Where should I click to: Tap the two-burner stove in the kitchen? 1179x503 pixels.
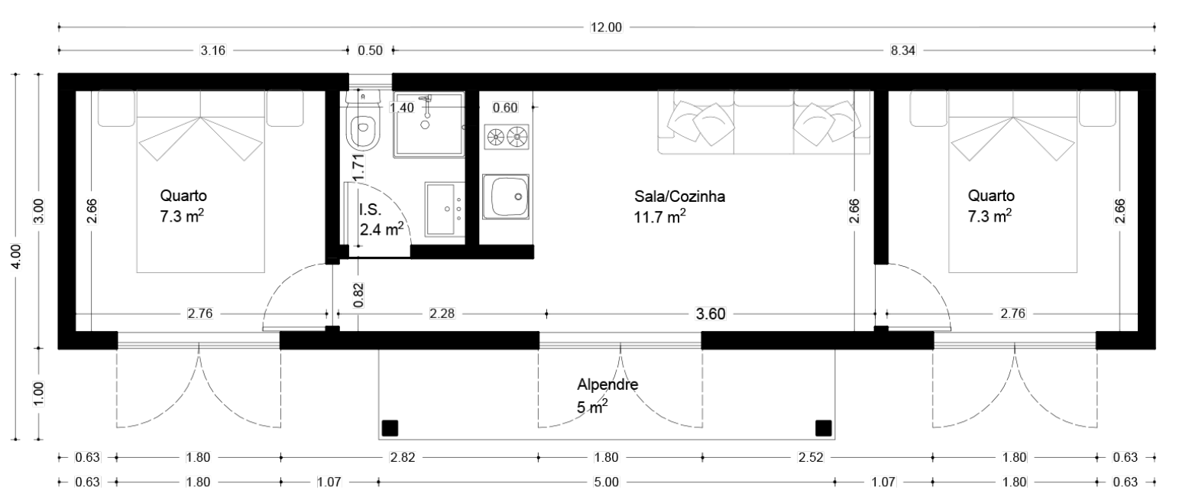tap(507, 138)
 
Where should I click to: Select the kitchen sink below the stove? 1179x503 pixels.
tap(506, 196)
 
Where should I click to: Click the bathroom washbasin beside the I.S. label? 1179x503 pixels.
tap(445, 209)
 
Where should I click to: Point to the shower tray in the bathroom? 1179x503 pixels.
tap(429, 125)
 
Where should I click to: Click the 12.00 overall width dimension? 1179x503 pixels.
tap(606, 28)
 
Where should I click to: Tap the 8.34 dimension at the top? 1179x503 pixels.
tap(902, 50)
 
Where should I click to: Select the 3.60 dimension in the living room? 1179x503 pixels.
tap(711, 314)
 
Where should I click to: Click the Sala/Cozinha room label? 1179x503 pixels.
tap(679, 196)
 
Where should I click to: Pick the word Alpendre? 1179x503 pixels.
tap(607, 385)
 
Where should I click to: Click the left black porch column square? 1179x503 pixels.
tap(390, 428)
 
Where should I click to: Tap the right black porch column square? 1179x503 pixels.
tap(823, 428)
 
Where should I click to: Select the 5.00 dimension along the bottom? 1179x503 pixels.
tap(606, 482)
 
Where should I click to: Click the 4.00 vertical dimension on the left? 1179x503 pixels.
tap(16, 257)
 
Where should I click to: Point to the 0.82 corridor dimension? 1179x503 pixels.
tap(358, 296)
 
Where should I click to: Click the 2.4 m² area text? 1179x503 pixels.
tap(381, 229)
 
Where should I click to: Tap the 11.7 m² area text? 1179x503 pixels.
tap(659, 216)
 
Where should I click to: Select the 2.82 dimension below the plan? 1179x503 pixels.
tap(403, 457)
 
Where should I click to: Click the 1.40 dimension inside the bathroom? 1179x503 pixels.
tap(402, 108)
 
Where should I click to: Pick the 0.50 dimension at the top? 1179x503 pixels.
tap(370, 50)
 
